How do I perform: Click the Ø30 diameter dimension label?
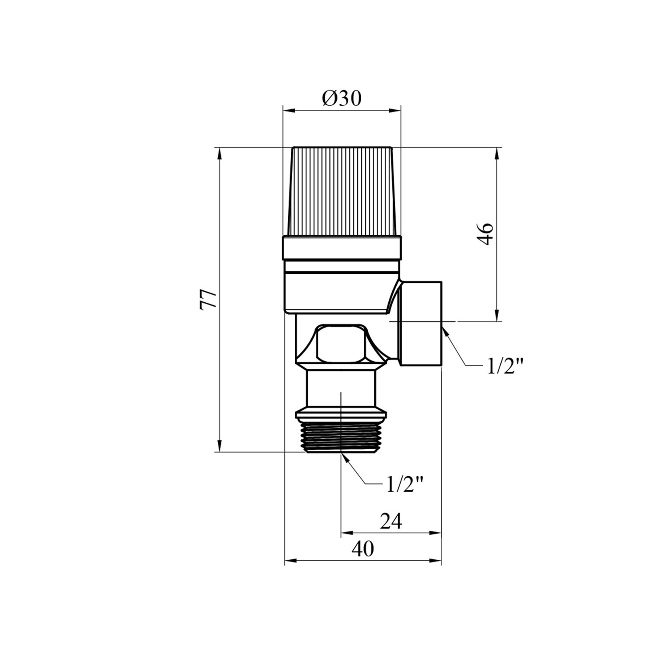point(342,99)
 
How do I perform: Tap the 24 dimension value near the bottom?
point(390,521)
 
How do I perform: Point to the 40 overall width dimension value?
point(363,549)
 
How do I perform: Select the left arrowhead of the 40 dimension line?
point(290,560)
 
